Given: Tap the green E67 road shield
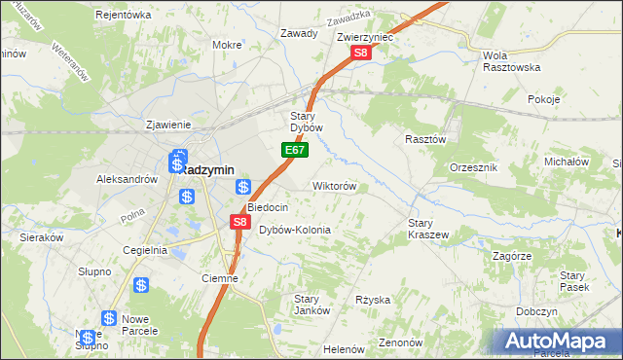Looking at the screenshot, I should pyautogui.click(x=297, y=151).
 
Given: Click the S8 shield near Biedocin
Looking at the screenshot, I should pyautogui.click(x=240, y=223).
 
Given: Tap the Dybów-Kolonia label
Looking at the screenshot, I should pyautogui.click(x=295, y=230).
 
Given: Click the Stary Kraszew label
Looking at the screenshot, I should pyautogui.click(x=427, y=229).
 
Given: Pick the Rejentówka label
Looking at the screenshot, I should pyautogui.click(x=124, y=15).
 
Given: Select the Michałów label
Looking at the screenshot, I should pyautogui.click(x=568, y=162).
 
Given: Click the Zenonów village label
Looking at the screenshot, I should pyautogui.click(x=400, y=342).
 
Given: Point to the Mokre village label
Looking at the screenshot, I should pyautogui.click(x=227, y=45).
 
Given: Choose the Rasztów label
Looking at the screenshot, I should pyautogui.click(x=425, y=139).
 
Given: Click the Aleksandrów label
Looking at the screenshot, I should pyautogui.click(x=127, y=179).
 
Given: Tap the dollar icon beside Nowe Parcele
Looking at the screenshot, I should pyautogui.click(x=108, y=319).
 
